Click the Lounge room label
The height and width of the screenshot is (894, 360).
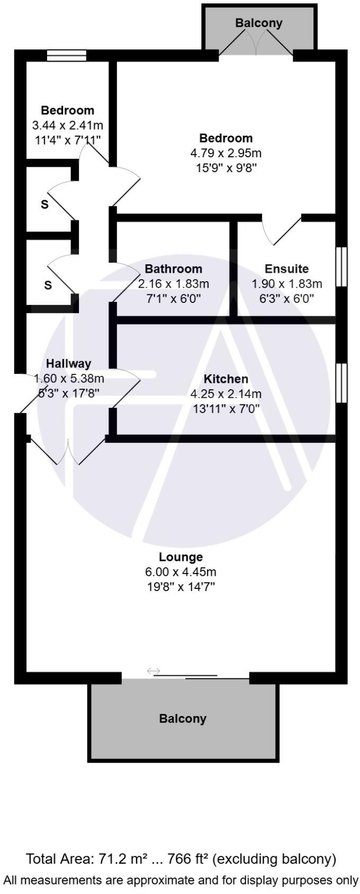[x=181, y=557]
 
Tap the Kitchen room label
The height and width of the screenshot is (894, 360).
[x=226, y=379]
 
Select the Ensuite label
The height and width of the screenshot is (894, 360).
[x=286, y=269]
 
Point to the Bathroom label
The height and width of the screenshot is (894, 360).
[x=174, y=269]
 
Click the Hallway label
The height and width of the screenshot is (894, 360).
[x=68, y=364]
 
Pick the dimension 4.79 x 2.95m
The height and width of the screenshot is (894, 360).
[x=226, y=154]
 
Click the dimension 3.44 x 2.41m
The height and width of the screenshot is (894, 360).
[x=67, y=126]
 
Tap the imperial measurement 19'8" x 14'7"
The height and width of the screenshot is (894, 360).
[x=181, y=587]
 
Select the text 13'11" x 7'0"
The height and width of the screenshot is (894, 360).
[x=226, y=409]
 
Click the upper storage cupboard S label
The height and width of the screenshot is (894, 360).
[x=44, y=204]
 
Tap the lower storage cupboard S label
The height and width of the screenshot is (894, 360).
[x=48, y=285]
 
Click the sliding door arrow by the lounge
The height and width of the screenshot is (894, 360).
[x=154, y=671]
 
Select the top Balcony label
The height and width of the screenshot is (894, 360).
[x=259, y=23]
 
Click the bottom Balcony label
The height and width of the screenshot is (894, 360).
[x=183, y=719]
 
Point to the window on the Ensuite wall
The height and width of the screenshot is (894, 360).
[x=342, y=267]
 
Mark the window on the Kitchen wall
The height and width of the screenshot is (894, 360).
[x=342, y=383]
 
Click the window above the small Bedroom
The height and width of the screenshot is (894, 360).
[x=66, y=55]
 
